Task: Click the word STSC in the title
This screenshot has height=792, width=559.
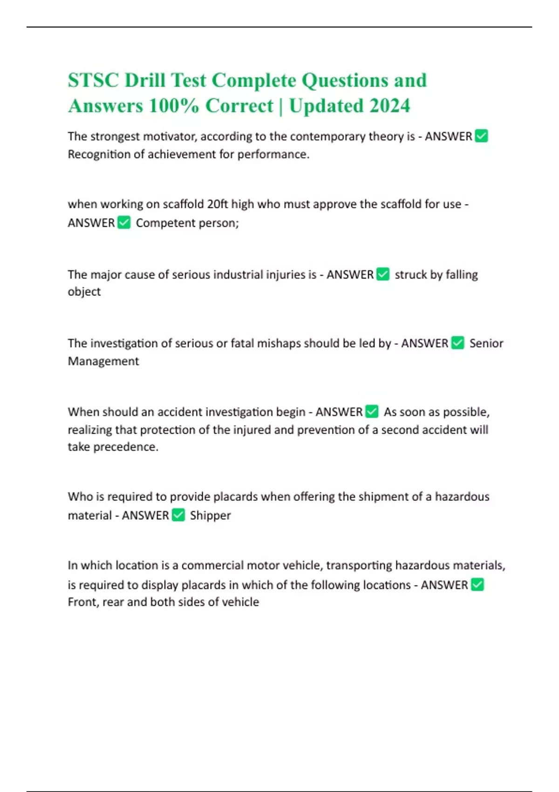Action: (92, 81)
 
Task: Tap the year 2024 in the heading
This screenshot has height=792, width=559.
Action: (390, 106)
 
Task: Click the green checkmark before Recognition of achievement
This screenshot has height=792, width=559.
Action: (481, 136)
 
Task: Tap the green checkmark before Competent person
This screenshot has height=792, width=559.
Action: (124, 223)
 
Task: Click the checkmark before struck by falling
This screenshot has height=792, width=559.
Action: (383, 274)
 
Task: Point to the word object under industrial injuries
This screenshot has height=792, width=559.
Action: (84, 292)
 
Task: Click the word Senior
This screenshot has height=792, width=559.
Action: (486, 343)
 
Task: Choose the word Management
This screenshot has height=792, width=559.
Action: (103, 361)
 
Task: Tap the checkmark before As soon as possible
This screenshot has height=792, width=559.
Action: (372, 412)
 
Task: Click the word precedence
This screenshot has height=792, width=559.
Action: (125, 447)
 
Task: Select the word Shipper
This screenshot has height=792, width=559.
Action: (210, 515)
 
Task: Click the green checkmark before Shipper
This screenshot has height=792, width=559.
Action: (178, 515)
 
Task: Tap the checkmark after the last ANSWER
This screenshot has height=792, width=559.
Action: (477, 584)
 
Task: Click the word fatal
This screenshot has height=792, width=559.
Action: (242, 343)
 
